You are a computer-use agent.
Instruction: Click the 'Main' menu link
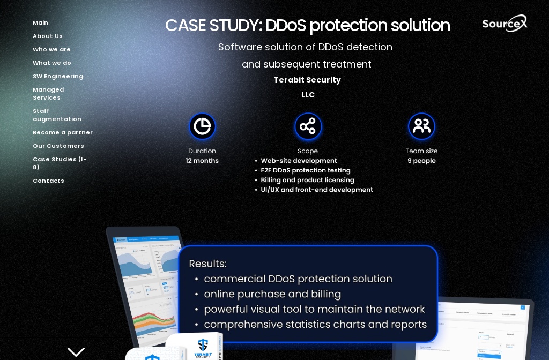(40, 22)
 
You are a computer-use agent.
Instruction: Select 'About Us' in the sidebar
(48, 36)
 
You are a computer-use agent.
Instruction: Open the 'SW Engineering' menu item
(58, 76)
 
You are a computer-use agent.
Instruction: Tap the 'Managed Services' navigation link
(48, 94)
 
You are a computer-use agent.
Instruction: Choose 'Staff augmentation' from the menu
(57, 115)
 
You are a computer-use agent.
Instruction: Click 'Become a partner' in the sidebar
(63, 132)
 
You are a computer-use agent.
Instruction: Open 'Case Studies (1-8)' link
(60, 163)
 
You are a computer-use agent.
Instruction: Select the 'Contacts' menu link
(48, 181)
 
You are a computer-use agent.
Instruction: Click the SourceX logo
(505, 24)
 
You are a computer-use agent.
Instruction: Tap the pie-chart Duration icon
(202, 126)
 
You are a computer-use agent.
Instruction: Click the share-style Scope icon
(308, 126)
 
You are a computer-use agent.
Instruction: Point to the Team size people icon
(421, 126)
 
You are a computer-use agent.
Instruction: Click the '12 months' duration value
(202, 161)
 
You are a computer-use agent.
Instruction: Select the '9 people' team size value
(421, 161)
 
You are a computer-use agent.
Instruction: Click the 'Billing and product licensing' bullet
(307, 180)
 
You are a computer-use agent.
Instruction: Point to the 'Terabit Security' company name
(307, 80)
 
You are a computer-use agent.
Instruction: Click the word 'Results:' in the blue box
(207, 264)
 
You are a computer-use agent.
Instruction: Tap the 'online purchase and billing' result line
(272, 294)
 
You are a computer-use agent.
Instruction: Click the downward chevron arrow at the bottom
(76, 352)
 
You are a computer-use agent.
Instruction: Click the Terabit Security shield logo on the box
(203, 345)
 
